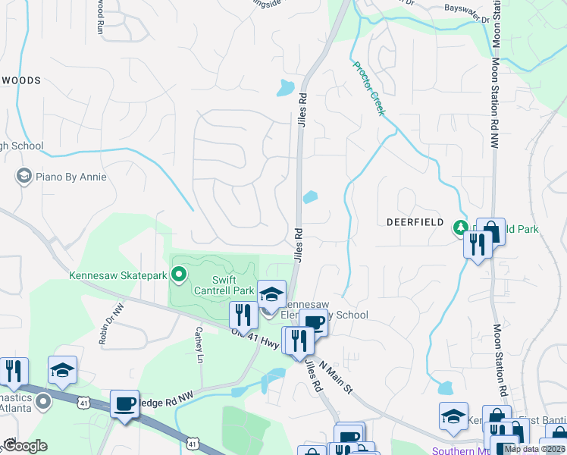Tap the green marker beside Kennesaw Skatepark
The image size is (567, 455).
pos(180,274)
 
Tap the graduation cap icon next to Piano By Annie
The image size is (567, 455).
pos(23,177)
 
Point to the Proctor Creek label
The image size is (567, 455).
pos(369,89)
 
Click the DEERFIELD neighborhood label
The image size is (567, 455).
pos(414,223)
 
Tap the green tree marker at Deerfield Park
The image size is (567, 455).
pos(459,227)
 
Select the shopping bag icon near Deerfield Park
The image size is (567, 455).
pos(490,231)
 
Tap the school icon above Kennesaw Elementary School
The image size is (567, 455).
pos(272,294)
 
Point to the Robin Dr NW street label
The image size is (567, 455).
pos(111,324)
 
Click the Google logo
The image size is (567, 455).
pos(25,446)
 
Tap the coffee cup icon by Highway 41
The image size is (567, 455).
pos(124,403)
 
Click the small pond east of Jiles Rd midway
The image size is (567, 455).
pos(310,197)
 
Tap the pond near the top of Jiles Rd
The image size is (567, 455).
pos(285,88)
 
